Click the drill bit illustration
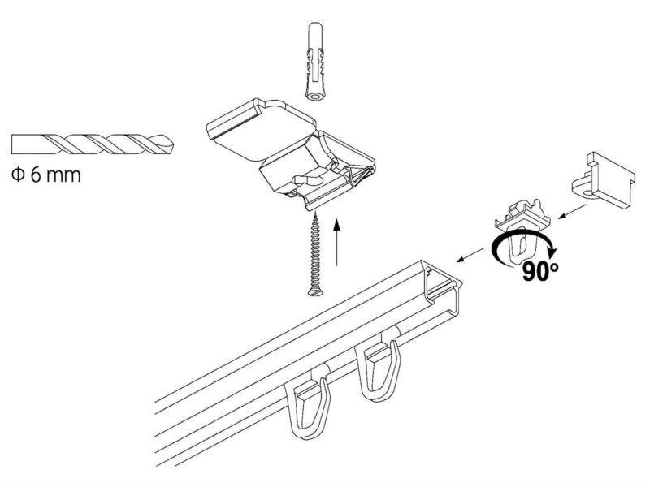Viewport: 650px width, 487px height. [x=93, y=144]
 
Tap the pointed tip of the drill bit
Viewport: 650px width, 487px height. [x=174, y=145]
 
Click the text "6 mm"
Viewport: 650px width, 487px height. [x=56, y=175]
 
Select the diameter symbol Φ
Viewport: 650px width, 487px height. [x=17, y=175]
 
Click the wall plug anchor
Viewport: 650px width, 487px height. [x=316, y=62]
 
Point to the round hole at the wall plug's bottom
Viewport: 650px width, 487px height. [x=316, y=97]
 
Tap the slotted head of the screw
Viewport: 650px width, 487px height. [x=316, y=292]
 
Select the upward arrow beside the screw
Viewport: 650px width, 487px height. [x=337, y=242]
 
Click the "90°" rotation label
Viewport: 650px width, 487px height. [x=539, y=271]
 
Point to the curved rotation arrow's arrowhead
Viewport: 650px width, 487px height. [x=553, y=252]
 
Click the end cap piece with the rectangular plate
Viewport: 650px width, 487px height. [x=603, y=178]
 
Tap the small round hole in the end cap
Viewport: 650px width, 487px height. [x=588, y=194]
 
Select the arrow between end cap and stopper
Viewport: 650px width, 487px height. [x=572, y=211]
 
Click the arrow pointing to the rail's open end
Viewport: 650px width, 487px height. [x=470, y=255]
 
